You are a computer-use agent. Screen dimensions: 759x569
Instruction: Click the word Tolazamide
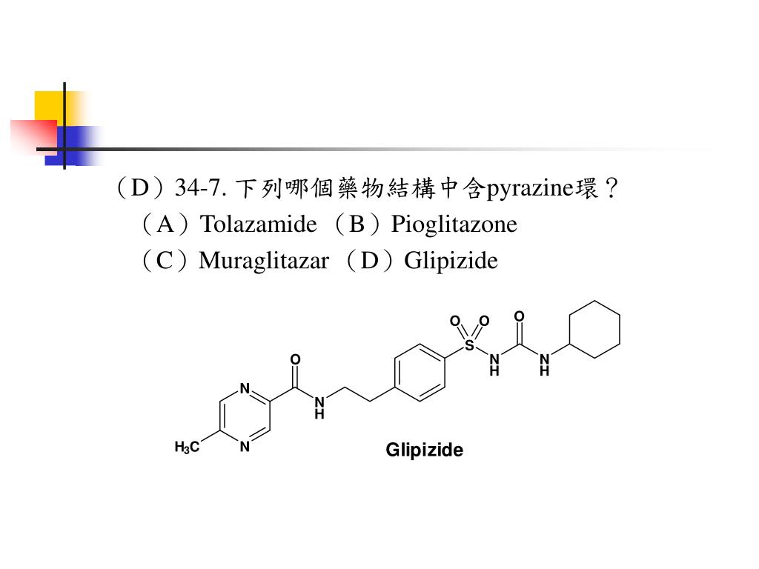[x=259, y=224]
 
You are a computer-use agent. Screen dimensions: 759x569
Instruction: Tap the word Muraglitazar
[x=264, y=262]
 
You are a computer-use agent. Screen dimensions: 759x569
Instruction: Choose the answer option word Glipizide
[x=451, y=262]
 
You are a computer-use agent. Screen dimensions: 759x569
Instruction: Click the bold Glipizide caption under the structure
[x=424, y=450]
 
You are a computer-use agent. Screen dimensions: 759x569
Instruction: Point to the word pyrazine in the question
[x=529, y=189]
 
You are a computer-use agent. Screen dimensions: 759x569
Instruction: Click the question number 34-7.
[x=200, y=187]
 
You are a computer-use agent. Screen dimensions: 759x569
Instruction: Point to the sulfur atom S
[x=469, y=345]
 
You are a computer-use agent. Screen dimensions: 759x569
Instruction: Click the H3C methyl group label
[x=187, y=447]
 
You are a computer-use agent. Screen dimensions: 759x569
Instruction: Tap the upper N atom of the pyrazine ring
[x=245, y=388]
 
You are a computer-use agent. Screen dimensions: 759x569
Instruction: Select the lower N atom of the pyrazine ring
[x=245, y=446]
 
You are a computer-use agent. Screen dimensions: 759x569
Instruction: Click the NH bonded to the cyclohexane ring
[x=545, y=365]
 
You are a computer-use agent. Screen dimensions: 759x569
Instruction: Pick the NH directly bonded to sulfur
[x=494, y=365]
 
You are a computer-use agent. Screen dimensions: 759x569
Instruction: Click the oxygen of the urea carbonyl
[x=519, y=316]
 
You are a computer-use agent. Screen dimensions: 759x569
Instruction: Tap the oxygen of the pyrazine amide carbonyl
[x=295, y=359]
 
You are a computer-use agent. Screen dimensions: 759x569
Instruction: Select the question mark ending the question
[x=611, y=187]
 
